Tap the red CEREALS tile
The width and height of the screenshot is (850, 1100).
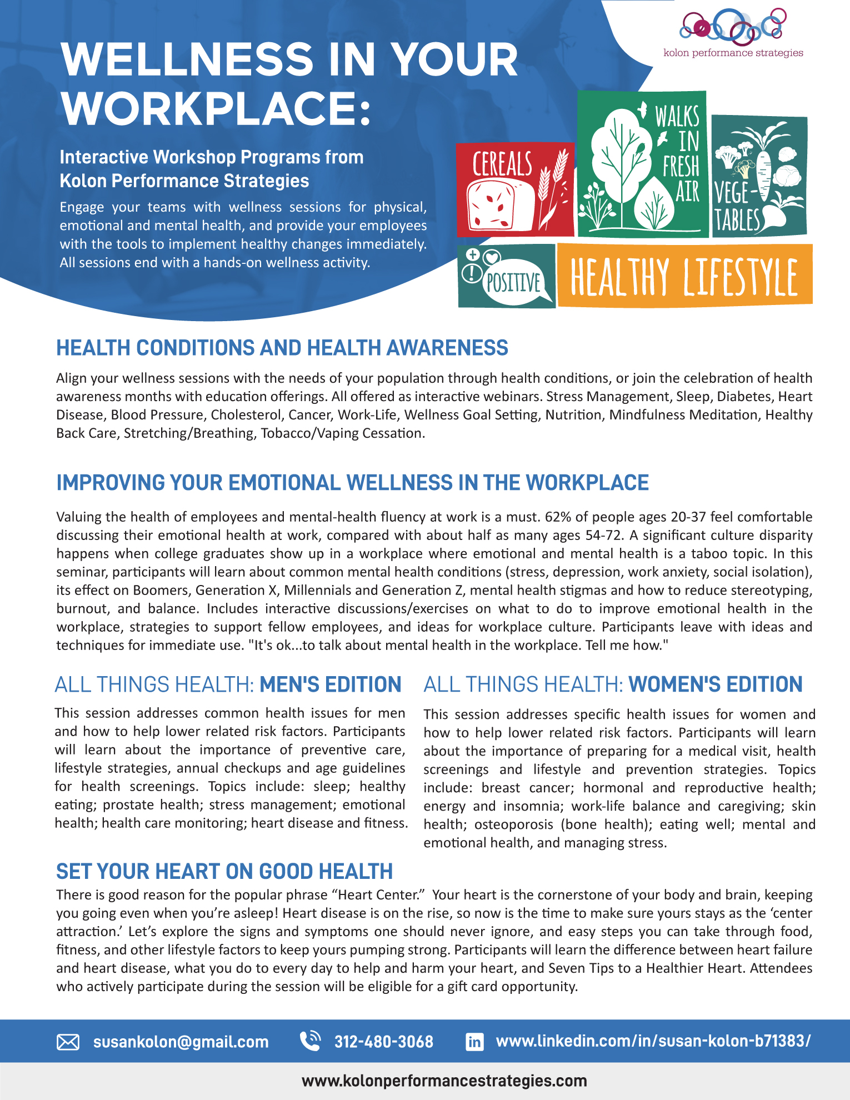(514, 189)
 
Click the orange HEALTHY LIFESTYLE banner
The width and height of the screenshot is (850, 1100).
(684, 276)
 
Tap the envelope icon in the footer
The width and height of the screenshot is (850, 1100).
(68, 1042)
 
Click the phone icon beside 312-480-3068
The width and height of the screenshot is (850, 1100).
(310, 1041)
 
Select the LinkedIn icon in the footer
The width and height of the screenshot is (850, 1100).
(474, 1041)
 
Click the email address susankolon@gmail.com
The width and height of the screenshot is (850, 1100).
(181, 1042)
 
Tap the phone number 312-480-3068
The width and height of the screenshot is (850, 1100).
(383, 1042)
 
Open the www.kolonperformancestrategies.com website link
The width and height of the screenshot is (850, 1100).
(444, 1081)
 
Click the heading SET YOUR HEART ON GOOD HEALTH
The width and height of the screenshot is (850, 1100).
(224, 871)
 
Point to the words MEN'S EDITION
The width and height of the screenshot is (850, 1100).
(330, 684)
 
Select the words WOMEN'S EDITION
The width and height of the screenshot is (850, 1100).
(716, 684)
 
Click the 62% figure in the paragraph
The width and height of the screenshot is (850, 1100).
(558, 517)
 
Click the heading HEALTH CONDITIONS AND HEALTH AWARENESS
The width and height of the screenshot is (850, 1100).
(282, 348)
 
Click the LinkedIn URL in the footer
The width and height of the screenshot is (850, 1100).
(653, 1041)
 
